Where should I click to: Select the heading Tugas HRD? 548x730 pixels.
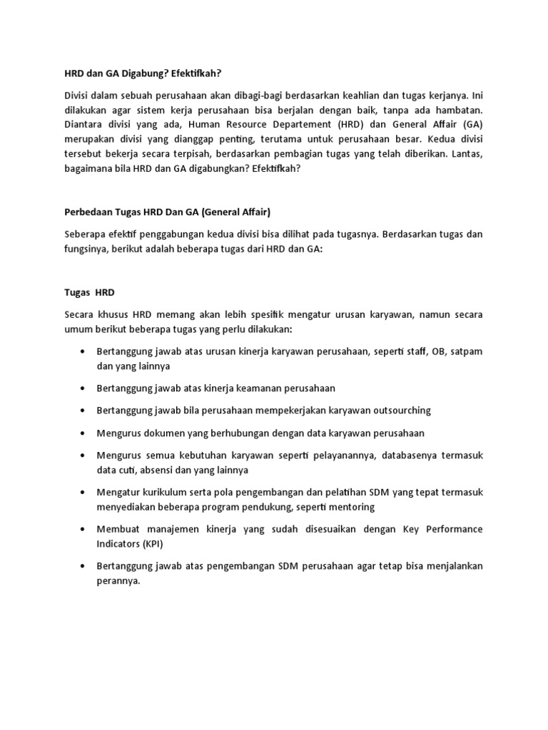pos(89,292)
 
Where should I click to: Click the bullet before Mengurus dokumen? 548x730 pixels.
pos(83,433)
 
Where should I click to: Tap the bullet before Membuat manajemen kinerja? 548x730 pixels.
pos(83,529)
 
